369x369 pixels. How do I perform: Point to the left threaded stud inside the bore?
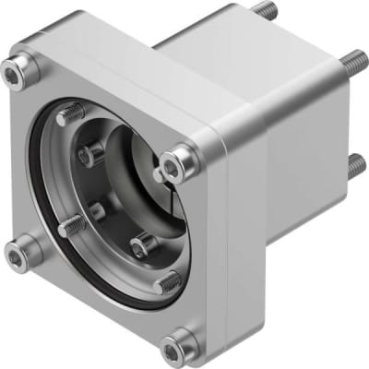[x=71, y=223]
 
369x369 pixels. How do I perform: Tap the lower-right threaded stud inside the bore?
[x=168, y=281]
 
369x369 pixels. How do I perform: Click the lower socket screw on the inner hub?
[x=140, y=244]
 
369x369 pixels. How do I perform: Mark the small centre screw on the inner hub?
[x=97, y=209]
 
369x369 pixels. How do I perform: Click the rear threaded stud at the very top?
[x=266, y=10]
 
